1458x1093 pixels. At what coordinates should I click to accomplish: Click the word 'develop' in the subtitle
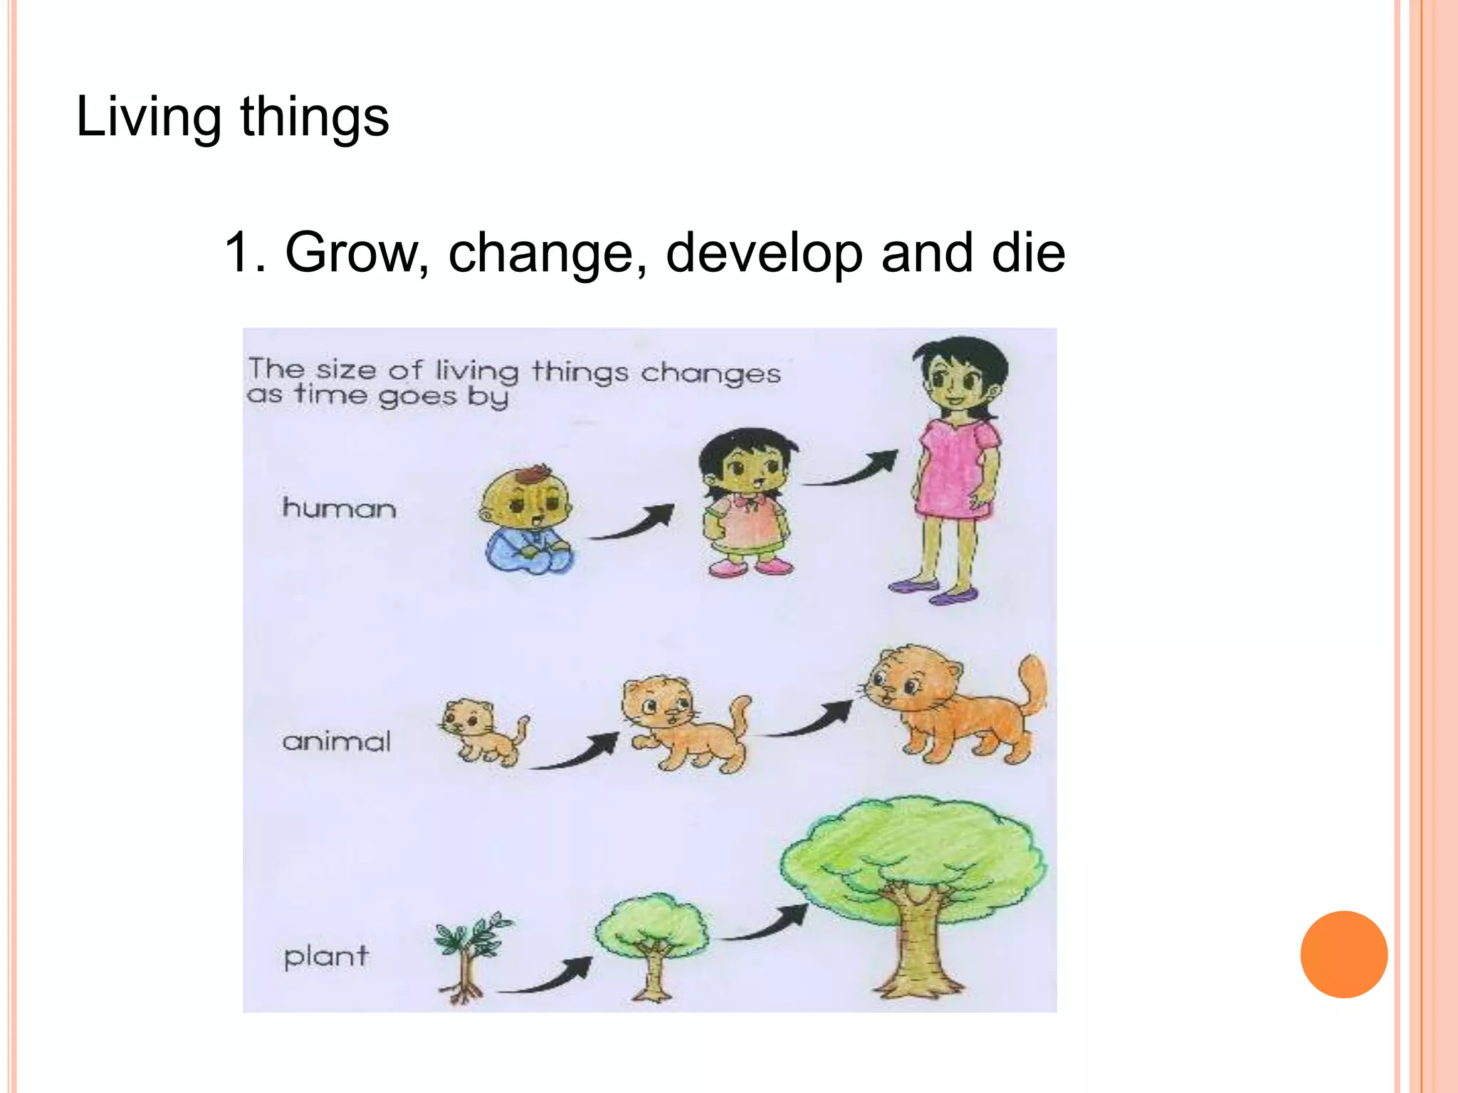tap(763, 253)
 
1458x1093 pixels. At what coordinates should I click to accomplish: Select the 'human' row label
tap(339, 508)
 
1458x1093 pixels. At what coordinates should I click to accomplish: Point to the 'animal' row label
tap(337, 741)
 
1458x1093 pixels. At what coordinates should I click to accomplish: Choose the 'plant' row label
tap(326, 956)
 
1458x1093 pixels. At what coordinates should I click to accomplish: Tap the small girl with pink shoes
tap(748, 502)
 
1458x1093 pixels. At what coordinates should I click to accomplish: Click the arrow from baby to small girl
tap(634, 523)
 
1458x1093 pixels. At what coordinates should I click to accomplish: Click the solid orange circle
tap(1343, 954)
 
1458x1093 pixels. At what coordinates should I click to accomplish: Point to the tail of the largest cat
tap(1032, 683)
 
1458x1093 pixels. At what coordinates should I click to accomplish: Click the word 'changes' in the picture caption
tap(710, 373)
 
